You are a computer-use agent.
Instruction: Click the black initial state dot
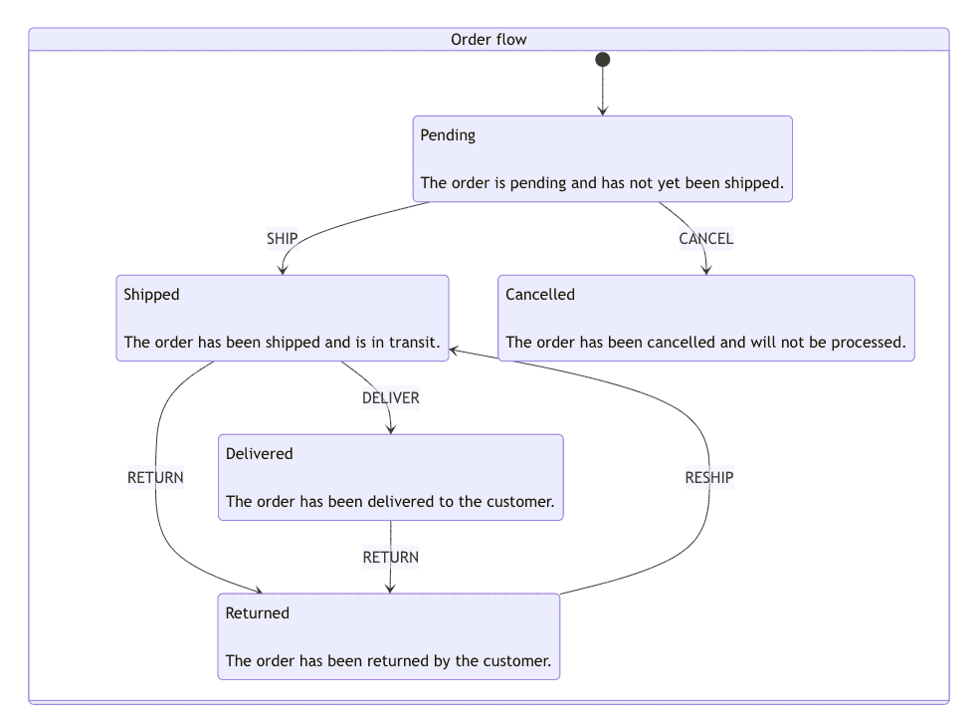[x=602, y=60]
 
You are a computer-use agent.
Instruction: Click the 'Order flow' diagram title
[x=489, y=40]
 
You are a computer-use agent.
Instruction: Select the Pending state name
[x=448, y=135]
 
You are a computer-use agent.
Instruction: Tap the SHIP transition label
[x=282, y=239]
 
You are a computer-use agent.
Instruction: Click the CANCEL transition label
[x=705, y=239]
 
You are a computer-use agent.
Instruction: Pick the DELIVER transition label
[x=390, y=398]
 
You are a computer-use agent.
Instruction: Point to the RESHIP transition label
[x=708, y=478]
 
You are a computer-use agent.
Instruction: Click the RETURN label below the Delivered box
[x=390, y=558]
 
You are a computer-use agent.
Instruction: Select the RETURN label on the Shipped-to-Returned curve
[x=155, y=478]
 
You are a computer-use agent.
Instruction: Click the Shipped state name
[x=151, y=295]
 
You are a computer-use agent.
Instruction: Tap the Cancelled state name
[x=540, y=295]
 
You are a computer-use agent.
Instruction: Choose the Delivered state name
[x=259, y=454]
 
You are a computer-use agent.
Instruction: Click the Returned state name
[x=257, y=613]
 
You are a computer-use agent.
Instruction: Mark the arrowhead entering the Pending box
[x=602, y=111]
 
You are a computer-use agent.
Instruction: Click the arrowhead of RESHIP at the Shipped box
[x=455, y=350]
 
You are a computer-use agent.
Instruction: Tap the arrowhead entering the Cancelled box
[x=706, y=269]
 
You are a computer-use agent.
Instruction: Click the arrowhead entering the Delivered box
[x=390, y=428]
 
